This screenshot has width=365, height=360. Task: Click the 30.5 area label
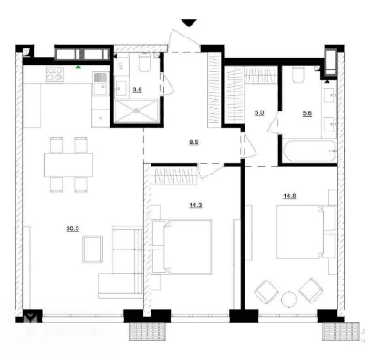[x=73, y=228]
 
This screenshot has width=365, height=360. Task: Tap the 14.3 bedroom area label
[x=195, y=206]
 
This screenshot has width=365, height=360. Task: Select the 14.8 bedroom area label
[x=289, y=196]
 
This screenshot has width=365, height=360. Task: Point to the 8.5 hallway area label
[x=193, y=142]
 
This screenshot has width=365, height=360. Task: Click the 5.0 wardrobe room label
[x=259, y=113]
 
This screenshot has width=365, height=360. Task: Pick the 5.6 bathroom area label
[x=307, y=113]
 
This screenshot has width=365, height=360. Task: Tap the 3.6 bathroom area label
[x=137, y=90]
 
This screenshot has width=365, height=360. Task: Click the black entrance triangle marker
[x=189, y=23]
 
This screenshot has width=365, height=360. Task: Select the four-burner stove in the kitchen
[x=55, y=74]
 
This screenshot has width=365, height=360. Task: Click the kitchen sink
[x=100, y=84]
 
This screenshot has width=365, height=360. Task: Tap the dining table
[x=68, y=164]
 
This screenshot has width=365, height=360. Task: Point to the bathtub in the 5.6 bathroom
[x=309, y=151]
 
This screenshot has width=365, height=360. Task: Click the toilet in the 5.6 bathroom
[x=298, y=75]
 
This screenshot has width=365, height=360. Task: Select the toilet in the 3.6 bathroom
[x=144, y=63]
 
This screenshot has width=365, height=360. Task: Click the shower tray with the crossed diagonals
[x=136, y=111]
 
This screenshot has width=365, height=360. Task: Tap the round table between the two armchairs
[x=288, y=300]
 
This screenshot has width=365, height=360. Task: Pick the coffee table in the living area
[x=92, y=249]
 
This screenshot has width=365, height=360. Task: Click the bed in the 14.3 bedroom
[x=182, y=247]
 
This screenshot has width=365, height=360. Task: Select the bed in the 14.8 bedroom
[x=307, y=232]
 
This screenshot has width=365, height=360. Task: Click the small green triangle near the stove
[x=78, y=66]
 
